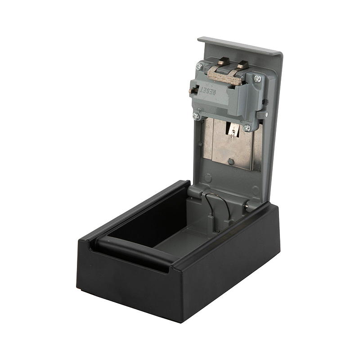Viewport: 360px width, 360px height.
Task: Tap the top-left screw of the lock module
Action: point(199,67)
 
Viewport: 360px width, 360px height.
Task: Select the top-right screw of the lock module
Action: point(257,78)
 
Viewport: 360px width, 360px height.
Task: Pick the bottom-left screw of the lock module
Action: point(196,116)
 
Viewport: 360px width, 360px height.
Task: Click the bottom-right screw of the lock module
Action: point(247,127)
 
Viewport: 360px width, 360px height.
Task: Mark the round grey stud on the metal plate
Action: point(231,162)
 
